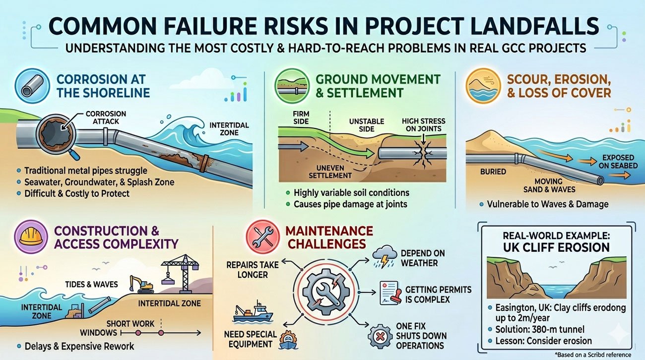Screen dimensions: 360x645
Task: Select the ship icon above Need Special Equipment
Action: pos(253,313)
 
